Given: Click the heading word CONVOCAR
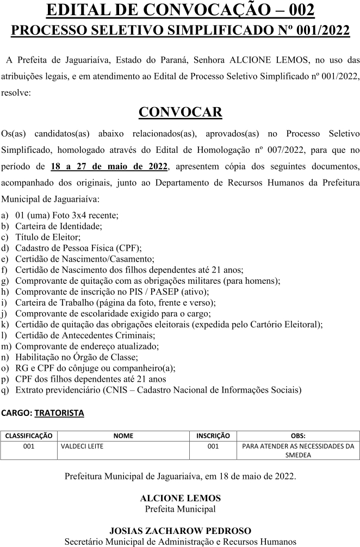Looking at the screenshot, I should (x=180, y=112).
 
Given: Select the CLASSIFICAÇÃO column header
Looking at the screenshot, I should (x=29, y=436).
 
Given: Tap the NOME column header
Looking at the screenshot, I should (x=123, y=436).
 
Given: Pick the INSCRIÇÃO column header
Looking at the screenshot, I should (x=213, y=436).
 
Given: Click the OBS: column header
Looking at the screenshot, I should (x=298, y=436).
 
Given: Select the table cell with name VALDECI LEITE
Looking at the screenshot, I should (x=82, y=446).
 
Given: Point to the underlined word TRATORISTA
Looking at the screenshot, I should (x=59, y=413).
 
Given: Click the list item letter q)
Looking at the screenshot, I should (x=5, y=390).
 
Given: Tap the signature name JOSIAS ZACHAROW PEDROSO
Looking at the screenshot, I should (x=180, y=531).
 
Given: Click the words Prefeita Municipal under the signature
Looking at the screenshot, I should (x=180, y=509).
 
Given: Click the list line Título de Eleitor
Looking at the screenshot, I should (x=48, y=237).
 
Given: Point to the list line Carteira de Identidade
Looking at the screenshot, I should (x=59, y=226).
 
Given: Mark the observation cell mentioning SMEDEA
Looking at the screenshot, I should (x=298, y=451).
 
